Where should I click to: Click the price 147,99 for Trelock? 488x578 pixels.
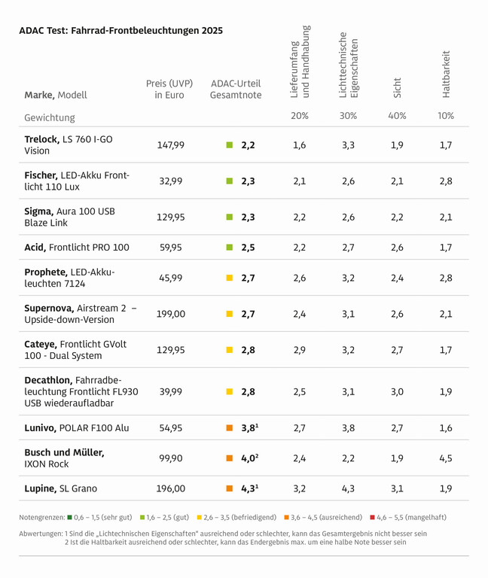click(170, 145)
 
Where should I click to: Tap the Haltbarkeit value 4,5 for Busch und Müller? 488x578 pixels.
click(446, 458)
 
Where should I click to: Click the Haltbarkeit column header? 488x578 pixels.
click(446, 74)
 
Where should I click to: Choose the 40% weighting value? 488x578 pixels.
click(397, 117)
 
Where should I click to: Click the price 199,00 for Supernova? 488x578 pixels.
click(170, 314)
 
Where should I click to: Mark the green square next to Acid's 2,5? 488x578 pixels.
click(230, 248)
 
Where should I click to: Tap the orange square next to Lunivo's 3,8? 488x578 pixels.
click(230, 428)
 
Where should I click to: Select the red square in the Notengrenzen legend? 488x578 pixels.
click(373, 517)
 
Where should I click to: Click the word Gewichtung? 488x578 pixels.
click(50, 117)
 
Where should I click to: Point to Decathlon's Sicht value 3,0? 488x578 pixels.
click(397, 392)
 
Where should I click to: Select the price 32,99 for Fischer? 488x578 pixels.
click(170, 181)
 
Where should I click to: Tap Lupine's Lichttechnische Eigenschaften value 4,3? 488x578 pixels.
click(348, 488)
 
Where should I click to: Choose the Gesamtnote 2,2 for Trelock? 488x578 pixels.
click(249, 145)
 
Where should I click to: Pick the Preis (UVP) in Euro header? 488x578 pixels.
click(170, 90)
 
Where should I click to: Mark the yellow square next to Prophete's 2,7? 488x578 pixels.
click(230, 278)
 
